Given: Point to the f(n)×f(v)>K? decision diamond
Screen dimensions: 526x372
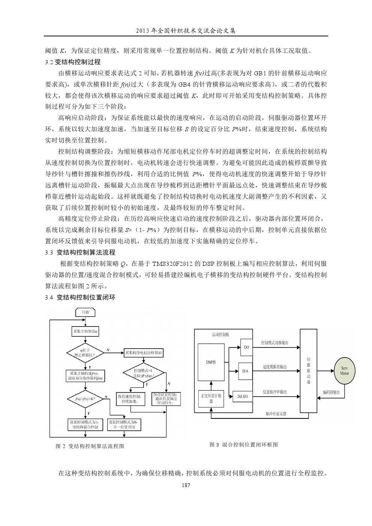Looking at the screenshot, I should click(85, 399).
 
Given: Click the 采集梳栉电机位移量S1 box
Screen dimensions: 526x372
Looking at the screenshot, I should click(144, 353).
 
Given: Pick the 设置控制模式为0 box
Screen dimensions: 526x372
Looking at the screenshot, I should click(124, 424).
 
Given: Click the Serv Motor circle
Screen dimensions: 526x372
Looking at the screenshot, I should click(344, 371).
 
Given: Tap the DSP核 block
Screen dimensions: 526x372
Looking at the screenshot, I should click(211, 362).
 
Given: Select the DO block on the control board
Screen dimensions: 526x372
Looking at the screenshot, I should click(246, 348).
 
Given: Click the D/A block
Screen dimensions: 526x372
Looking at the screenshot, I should click(245, 371).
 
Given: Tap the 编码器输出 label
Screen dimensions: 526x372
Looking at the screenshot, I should click(331, 393).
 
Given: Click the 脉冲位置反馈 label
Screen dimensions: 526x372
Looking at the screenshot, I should click(276, 414).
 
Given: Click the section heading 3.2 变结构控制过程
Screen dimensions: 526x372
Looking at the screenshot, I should click(73, 62).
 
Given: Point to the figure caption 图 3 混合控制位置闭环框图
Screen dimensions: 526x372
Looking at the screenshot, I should click(244, 445).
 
